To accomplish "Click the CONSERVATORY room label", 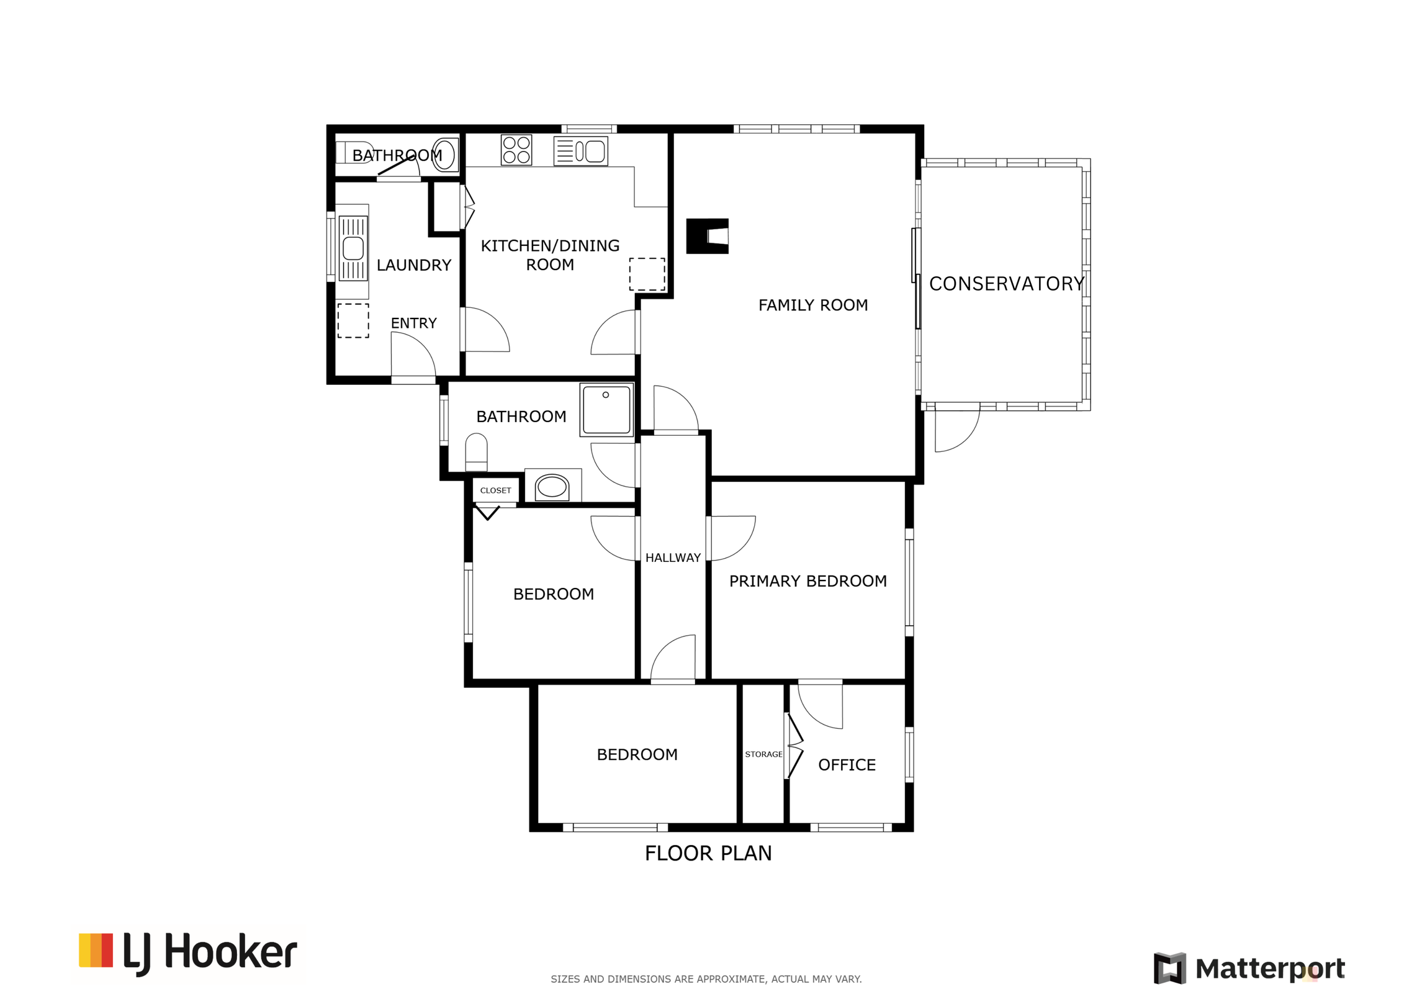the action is [1006, 284].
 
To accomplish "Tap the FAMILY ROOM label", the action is [813, 305].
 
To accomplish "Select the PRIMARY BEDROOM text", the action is [807, 581].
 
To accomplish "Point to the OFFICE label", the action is [847, 765].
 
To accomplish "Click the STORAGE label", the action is [763, 754].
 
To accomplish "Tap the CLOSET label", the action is [495, 490].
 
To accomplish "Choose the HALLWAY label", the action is [673, 557].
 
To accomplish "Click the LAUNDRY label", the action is [414, 265].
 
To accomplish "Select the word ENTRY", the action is [413, 323].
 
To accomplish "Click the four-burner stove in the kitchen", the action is [516, 150].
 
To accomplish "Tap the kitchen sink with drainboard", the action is [580, 151].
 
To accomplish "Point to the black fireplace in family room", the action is [707, 236].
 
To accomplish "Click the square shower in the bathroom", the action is [606, 410].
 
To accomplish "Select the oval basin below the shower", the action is [552, 486].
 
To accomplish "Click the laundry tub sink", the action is [353, 248].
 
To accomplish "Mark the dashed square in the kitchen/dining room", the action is [647, 274].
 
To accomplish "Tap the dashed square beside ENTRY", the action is [353, 320].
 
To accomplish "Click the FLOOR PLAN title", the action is [708, 853].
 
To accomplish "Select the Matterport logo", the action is [1249, 968].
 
